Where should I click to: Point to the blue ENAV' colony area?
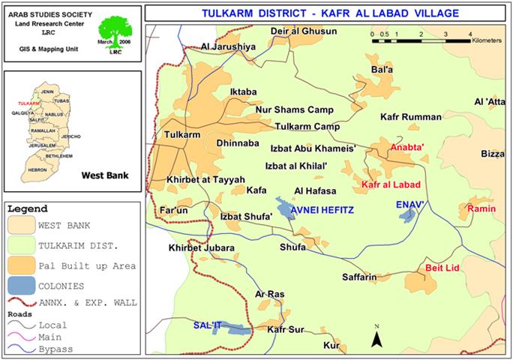tap(406, 216)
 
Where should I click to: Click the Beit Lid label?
tap(441, 266)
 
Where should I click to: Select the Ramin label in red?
tap(481, 208)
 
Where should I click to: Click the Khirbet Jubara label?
tap(202, 247)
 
